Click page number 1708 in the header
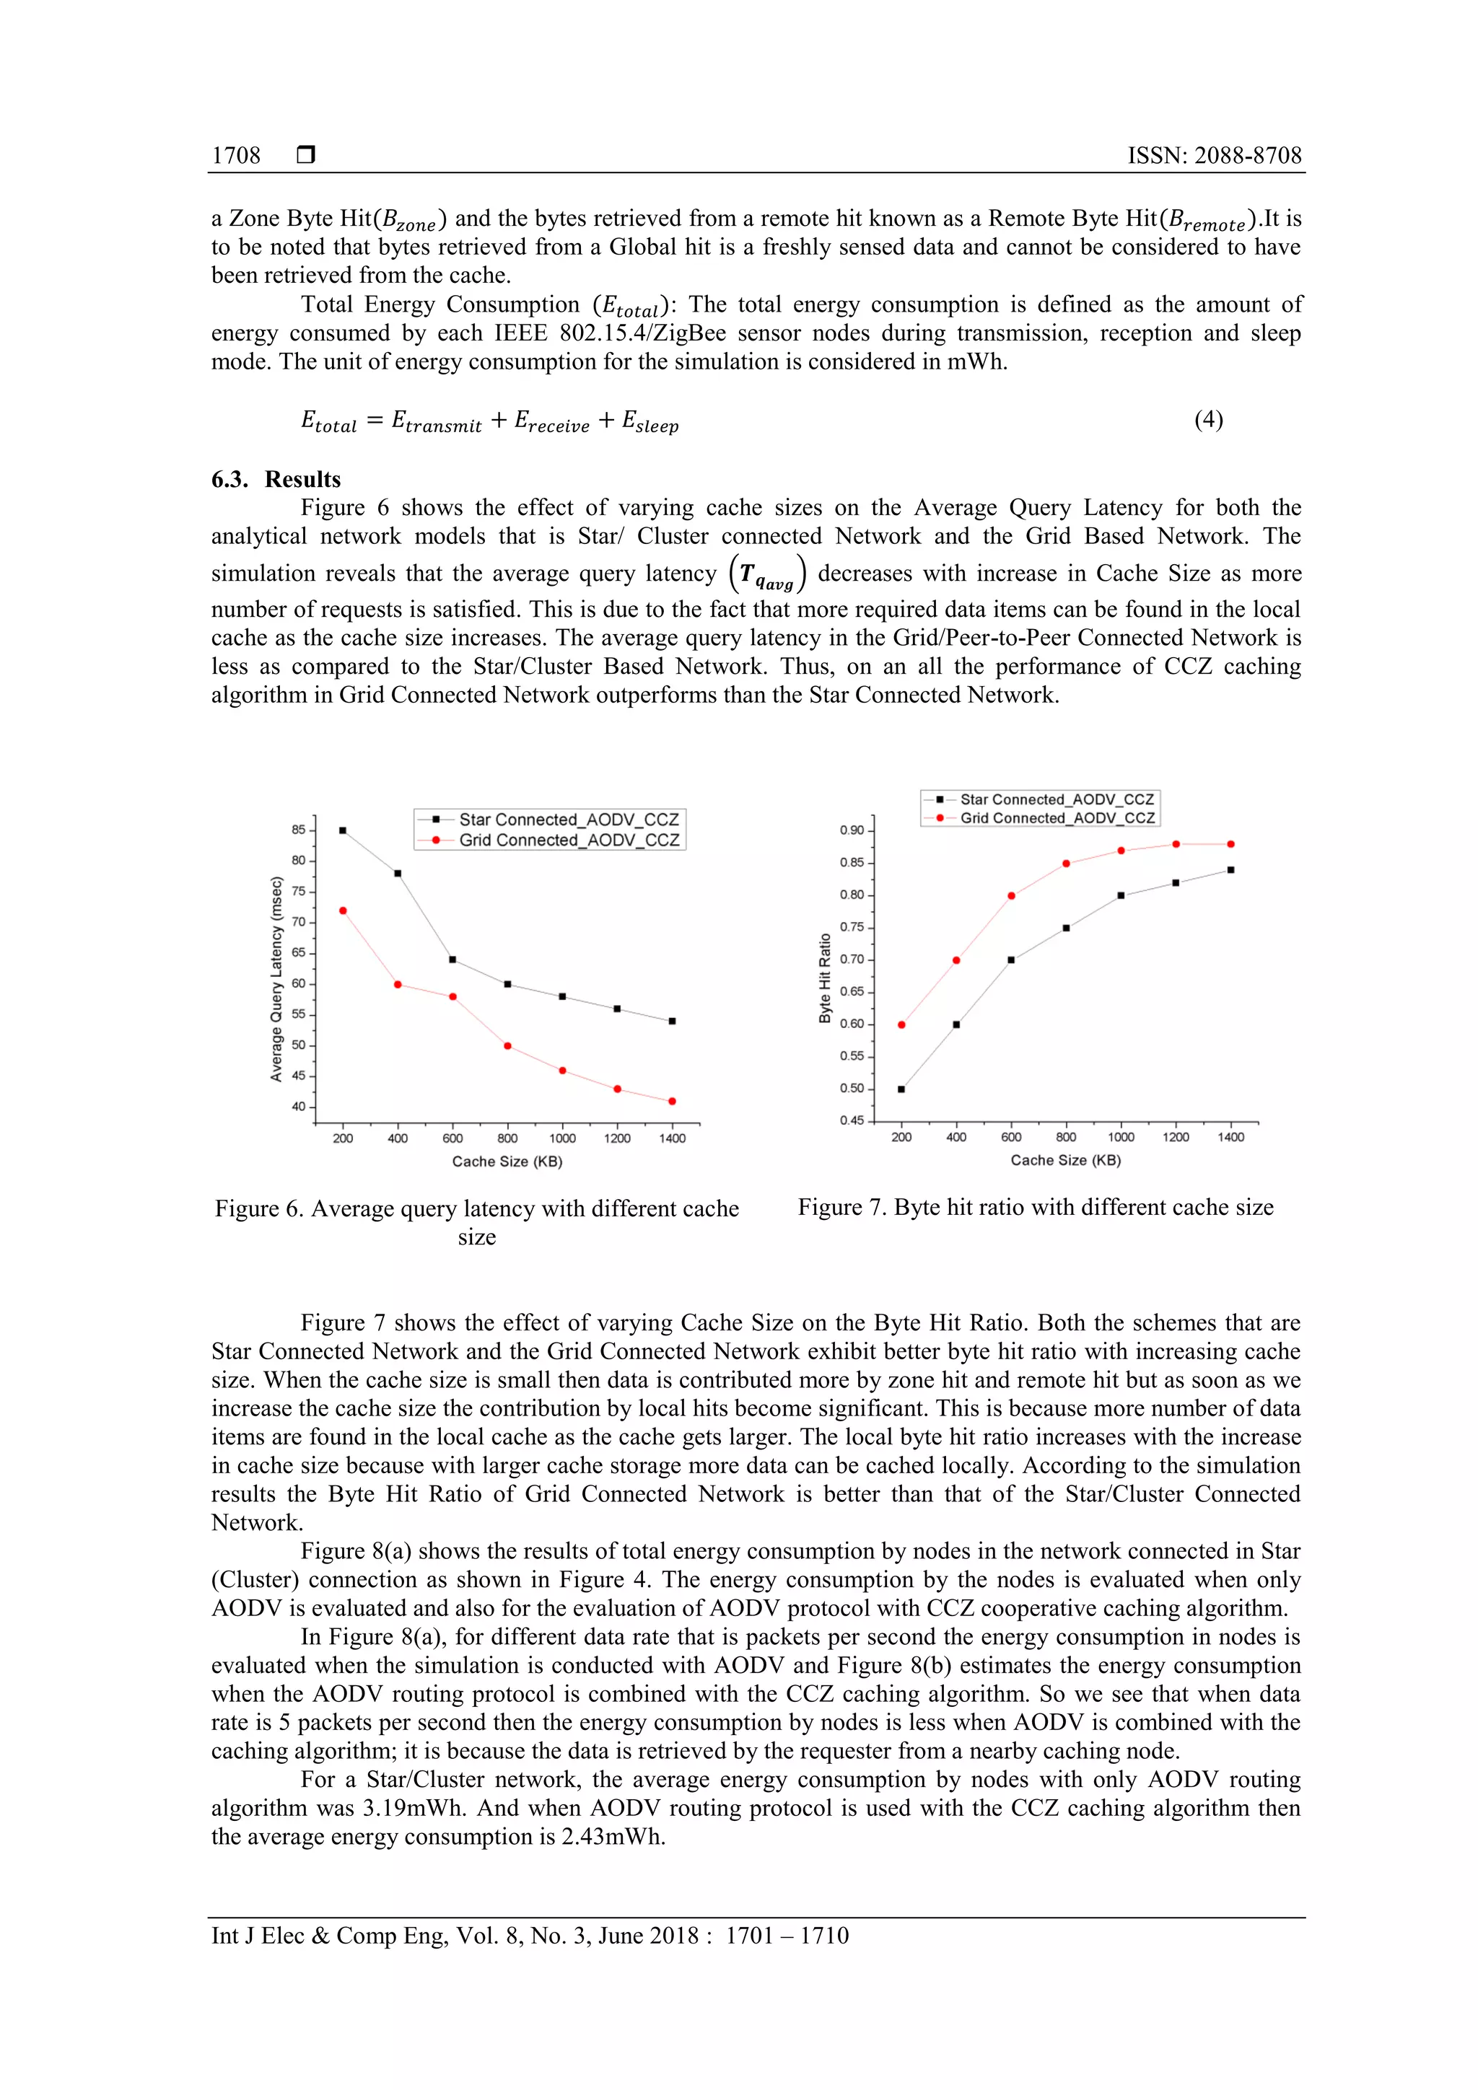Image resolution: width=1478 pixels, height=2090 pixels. pyautogui.click(x=236, y=156)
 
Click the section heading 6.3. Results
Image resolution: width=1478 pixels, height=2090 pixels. pyautogui.click(x=276, y=479)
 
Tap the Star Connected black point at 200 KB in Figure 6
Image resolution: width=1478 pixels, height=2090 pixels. pyautogui.click(x=342, y=830)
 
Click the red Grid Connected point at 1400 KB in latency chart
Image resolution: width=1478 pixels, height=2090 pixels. pyautogui.click(x=672, y=1102)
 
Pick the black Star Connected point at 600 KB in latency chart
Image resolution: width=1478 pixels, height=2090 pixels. pyautogui.click(x=452, y=960)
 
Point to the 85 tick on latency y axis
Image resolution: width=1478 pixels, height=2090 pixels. pyautogui.click(x=299, y=829)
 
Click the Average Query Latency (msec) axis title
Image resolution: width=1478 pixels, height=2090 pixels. pyautogui.click(x=276, y=978)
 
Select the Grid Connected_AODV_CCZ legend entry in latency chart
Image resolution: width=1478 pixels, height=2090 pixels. pyautogui.click(x=568, y=840)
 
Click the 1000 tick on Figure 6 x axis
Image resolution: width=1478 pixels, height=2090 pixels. pyautogui.click(x=562, y=1138)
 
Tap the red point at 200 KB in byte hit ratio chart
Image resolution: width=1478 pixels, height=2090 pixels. pyautogui.click(x=901, y=1025)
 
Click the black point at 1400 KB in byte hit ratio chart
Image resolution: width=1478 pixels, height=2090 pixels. pyautogui.click(x=1231, y=870)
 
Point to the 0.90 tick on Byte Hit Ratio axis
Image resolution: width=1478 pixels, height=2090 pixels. pyautogui.click(x=852, y=830)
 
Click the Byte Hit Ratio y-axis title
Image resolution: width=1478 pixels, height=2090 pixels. pyautogui.click(x=825, y=978)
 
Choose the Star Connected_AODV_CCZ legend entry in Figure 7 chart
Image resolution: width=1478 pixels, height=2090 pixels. pyautogui.click(x=1057, y=799)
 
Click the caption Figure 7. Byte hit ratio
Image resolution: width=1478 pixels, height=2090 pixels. pyautogui.click(x=1036, y=1207)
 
